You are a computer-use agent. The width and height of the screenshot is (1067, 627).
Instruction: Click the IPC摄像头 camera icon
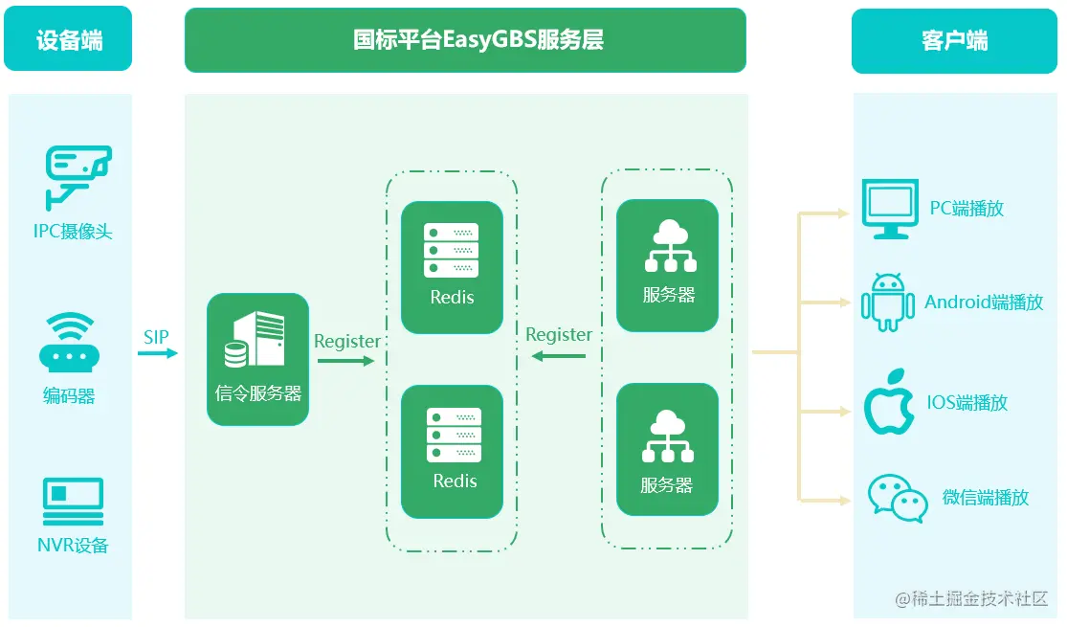78,178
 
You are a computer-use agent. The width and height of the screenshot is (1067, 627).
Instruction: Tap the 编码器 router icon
68,344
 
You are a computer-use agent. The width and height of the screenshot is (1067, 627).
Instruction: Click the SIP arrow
158,353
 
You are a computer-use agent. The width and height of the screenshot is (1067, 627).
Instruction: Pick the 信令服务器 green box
258,359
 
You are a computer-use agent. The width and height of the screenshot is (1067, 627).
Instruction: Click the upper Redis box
452,267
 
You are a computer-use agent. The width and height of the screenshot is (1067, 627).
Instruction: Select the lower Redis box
452,451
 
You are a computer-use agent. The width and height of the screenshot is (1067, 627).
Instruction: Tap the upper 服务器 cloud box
667,265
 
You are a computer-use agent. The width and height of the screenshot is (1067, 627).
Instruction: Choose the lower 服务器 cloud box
667,450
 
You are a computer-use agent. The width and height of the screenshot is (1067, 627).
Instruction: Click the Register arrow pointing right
345,361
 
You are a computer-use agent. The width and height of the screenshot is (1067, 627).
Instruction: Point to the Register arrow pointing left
558,356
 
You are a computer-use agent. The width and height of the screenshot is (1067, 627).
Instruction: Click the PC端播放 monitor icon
890,209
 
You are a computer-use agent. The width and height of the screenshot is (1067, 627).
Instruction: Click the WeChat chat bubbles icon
897,498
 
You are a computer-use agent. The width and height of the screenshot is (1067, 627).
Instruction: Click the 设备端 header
69,40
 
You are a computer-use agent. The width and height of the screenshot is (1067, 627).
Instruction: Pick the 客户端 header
954,40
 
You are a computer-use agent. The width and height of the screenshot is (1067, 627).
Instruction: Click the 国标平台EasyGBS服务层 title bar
465,40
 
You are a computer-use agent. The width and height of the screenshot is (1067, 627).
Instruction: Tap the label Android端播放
984,302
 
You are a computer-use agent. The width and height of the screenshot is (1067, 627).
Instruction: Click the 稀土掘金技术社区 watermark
971,599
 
